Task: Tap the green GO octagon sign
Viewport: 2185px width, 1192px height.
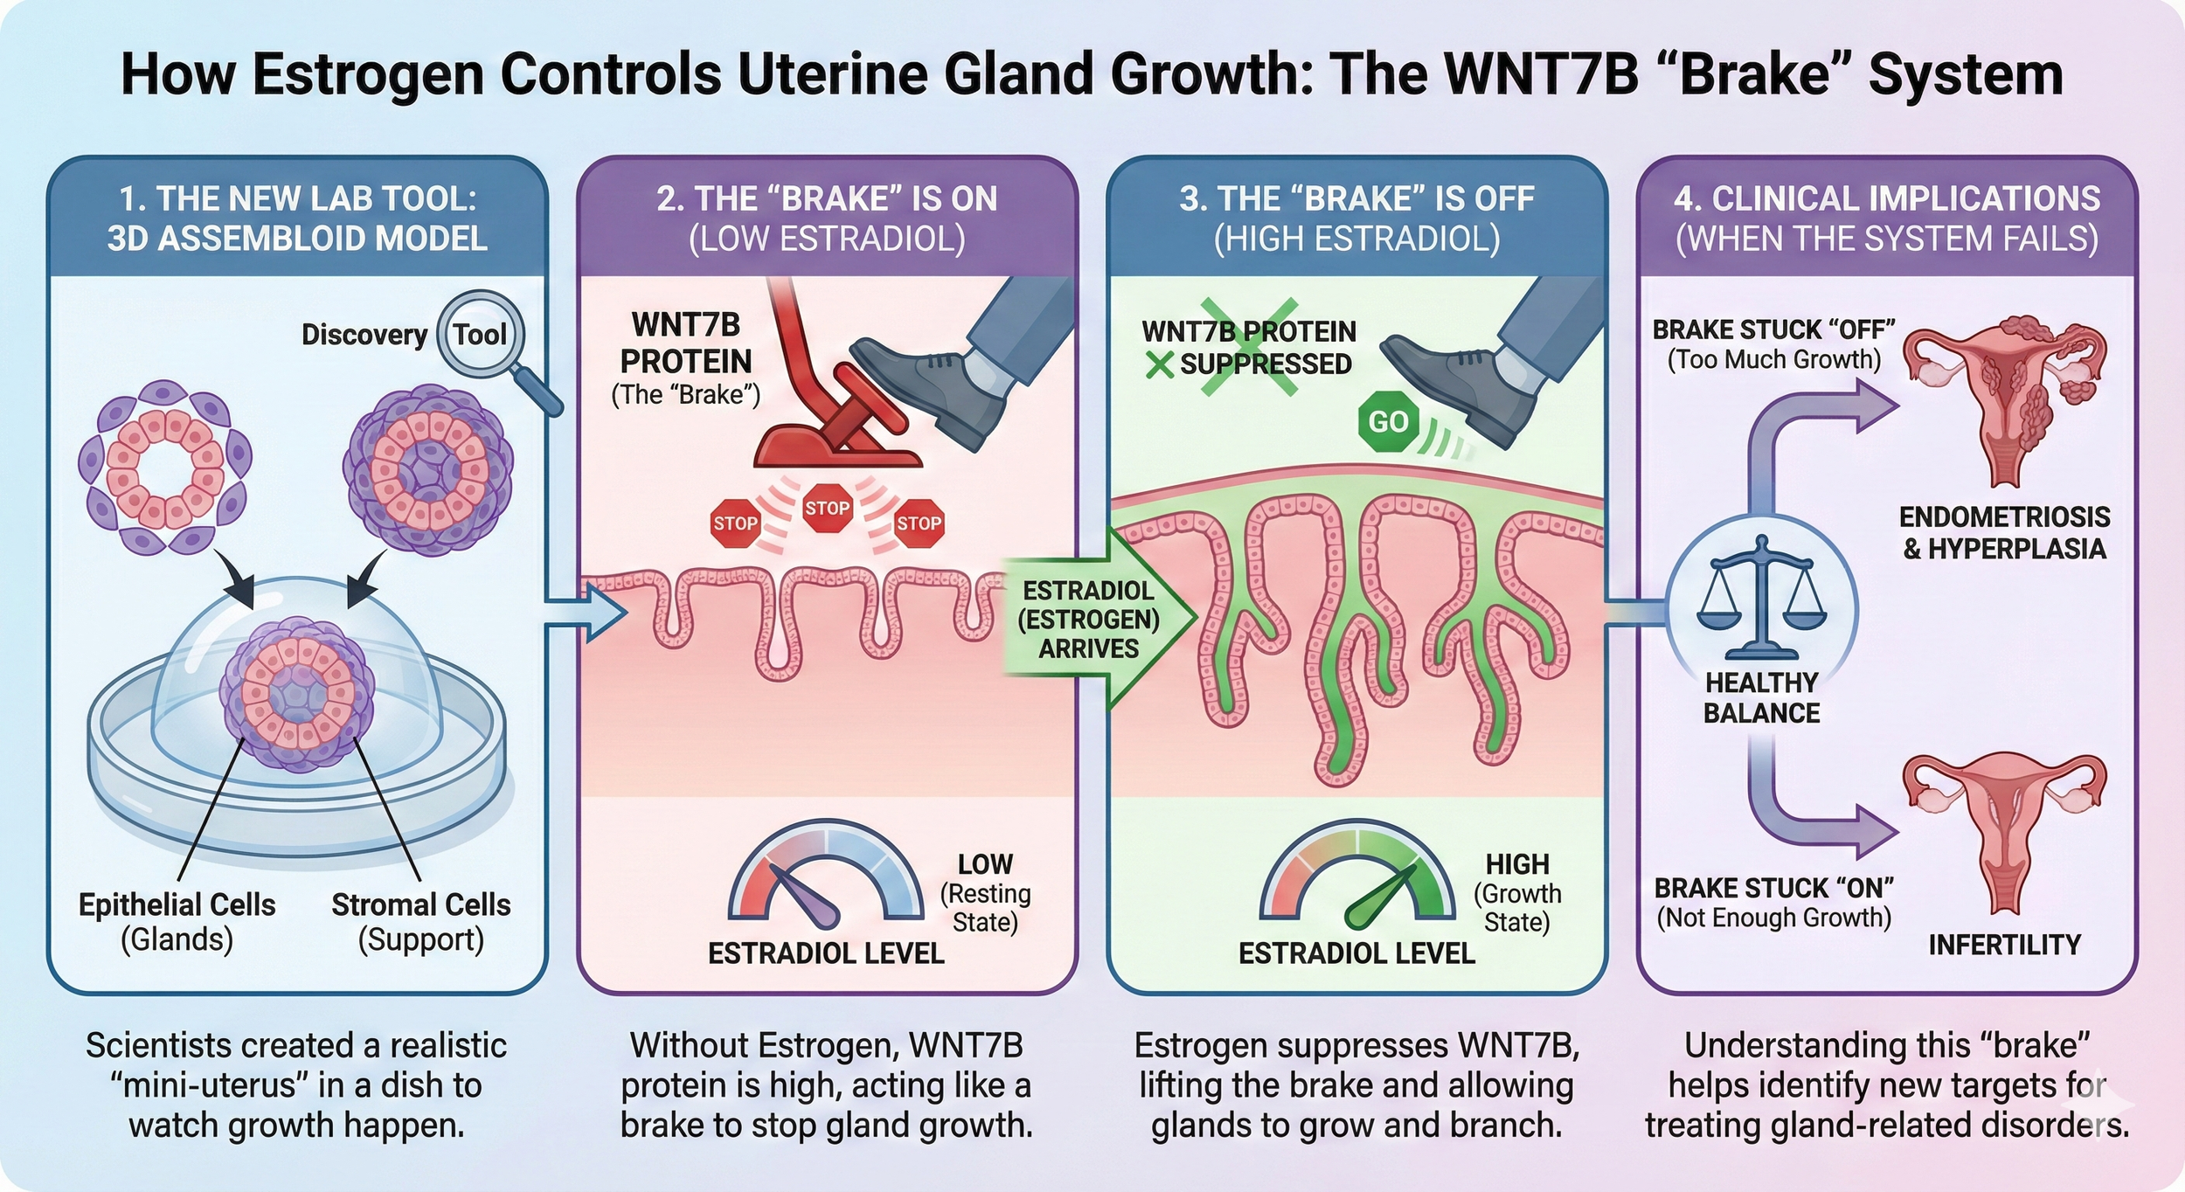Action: [x=1388, y=422]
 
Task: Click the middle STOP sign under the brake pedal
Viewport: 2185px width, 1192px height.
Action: [x=827, y=508]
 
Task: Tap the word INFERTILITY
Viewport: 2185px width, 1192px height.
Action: [x=2004, y=945]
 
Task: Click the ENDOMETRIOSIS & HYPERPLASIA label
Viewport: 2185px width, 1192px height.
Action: [x=2004, y=533]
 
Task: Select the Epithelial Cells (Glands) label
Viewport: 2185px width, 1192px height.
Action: [x=177, y=922]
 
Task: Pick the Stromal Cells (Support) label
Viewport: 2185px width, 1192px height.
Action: [x=420, y=922]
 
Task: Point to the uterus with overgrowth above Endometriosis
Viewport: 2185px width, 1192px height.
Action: [x=2004, y=393]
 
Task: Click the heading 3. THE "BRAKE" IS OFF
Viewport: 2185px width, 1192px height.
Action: [x=1356, y=199]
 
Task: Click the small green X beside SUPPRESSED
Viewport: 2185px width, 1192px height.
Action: [x=1160, y=364]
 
